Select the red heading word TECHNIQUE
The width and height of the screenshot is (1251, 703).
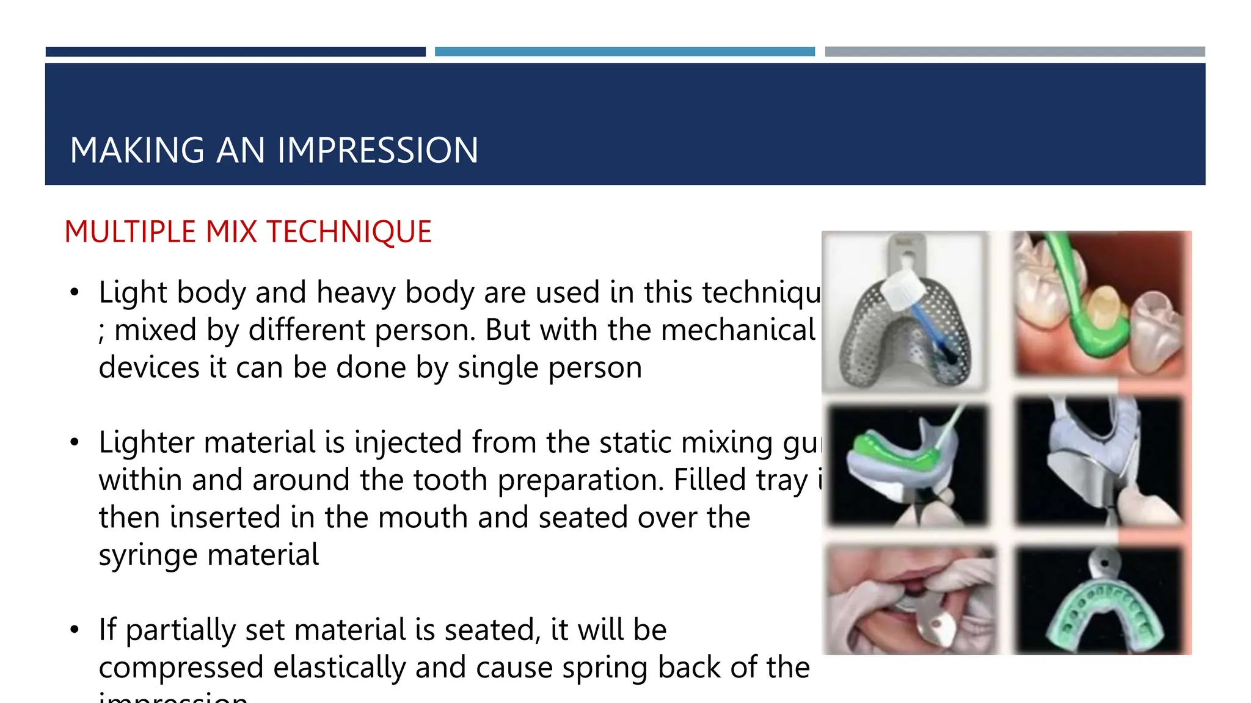[349, 233]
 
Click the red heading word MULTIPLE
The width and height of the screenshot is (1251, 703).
[130, 233]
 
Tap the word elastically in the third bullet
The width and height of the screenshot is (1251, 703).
[339, 668]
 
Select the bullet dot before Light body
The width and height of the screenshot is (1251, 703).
[75, 293]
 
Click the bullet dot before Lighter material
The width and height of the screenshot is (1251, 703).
[75, 442]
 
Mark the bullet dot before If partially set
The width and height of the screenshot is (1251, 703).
[75, 630]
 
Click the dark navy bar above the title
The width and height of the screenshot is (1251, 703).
[235, 52]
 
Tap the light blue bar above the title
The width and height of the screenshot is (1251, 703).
[624, 52]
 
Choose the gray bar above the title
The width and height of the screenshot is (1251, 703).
[1015, 52]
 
